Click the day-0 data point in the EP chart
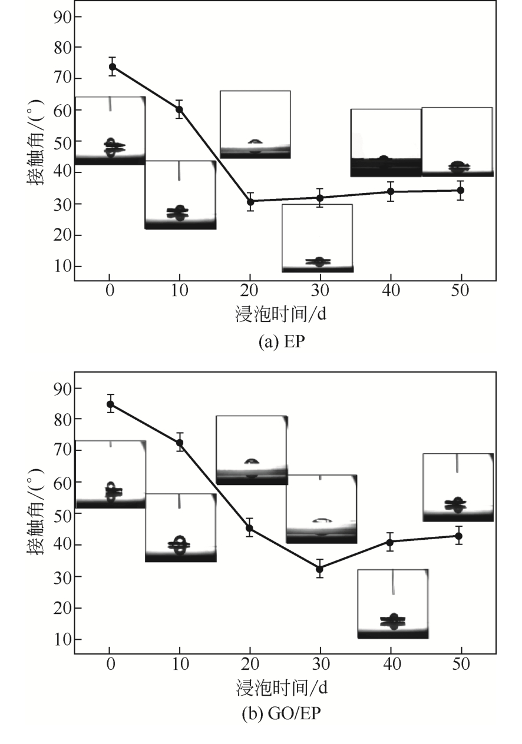pos(112,67)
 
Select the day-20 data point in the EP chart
pos(250,201)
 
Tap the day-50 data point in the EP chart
pos(461,190)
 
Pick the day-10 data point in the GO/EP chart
pos(180,443)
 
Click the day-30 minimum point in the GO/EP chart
pos(319,569)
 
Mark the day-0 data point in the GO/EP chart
pos(110,404)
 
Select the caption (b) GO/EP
pos(282,714)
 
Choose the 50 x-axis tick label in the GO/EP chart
pos(461,665)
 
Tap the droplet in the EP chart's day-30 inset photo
pos(319,261)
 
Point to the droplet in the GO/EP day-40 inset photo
pos(393,621)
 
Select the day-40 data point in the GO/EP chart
pos(389,542)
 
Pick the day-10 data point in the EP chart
pos(179,109)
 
